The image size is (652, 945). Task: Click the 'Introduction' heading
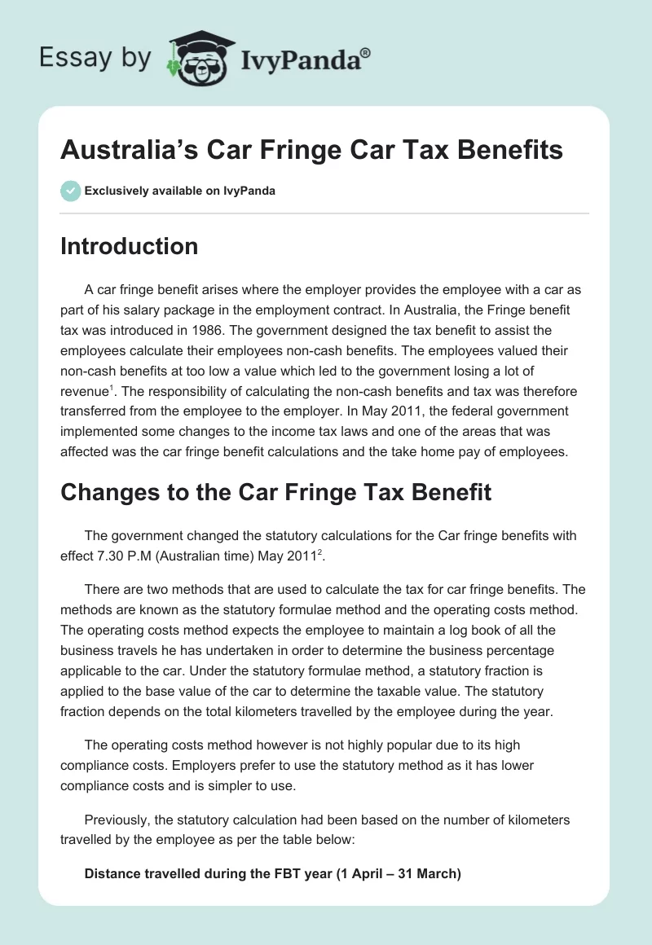130,246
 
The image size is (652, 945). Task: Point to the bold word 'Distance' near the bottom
112,874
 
